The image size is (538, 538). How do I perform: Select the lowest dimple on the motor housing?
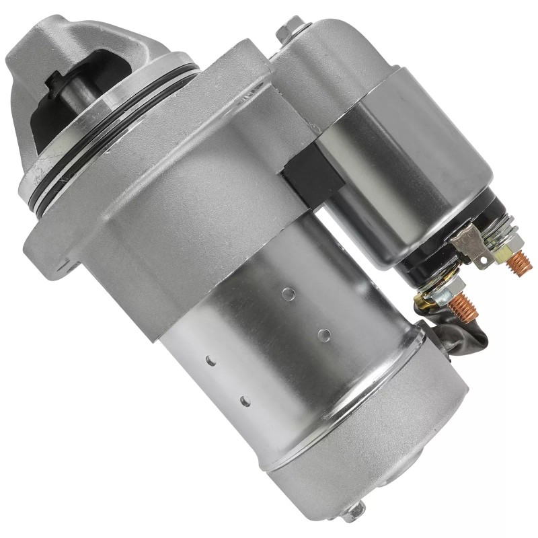pos(245,402)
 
